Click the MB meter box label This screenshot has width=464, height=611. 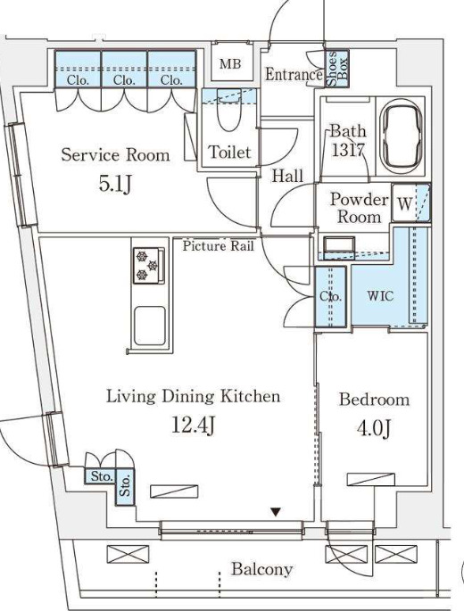coord(230,63)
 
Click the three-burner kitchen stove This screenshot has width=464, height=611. coord(146,266)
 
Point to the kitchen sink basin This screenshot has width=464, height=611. coord(150,326)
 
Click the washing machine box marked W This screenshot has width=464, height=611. coord(404,202)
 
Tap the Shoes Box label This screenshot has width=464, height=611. coord(336,69)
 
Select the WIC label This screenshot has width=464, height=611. coord(380,296)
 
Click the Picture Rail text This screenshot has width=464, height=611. coord(219,246)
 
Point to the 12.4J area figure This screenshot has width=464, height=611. coord(193,425)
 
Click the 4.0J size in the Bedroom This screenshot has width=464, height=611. coord(374,428)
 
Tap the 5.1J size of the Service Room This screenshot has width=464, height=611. coord(114,185)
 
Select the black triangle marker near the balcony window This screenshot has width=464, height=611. coord(276,512)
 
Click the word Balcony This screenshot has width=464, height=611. coord(261,569)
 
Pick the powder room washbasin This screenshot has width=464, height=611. coord(338,246)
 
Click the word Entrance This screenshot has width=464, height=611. coord(294,74)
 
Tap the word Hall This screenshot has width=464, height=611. coord(287,176)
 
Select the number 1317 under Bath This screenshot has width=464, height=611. coord(348,150)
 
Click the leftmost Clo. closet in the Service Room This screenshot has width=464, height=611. coord(78,69)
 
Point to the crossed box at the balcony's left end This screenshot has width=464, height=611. coord(128,554)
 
